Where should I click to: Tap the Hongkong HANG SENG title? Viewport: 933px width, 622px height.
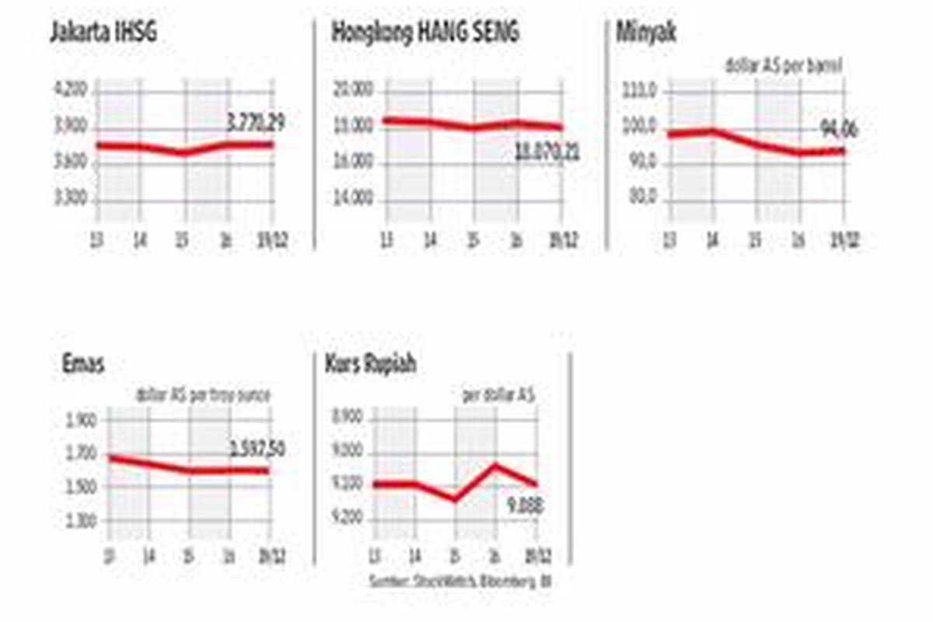pos(425,33)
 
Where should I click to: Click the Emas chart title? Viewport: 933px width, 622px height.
pos(84,365)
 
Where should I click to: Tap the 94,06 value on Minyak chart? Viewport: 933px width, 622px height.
pos(840,129)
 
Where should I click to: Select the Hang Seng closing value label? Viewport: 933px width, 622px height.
pos(547,153)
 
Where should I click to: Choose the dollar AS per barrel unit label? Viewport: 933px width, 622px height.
pos(784,67)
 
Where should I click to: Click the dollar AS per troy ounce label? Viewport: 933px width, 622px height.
pos(203,396)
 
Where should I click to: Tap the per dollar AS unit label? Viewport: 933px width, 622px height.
pos(498,396)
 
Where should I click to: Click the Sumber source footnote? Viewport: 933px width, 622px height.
pos(460,579)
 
